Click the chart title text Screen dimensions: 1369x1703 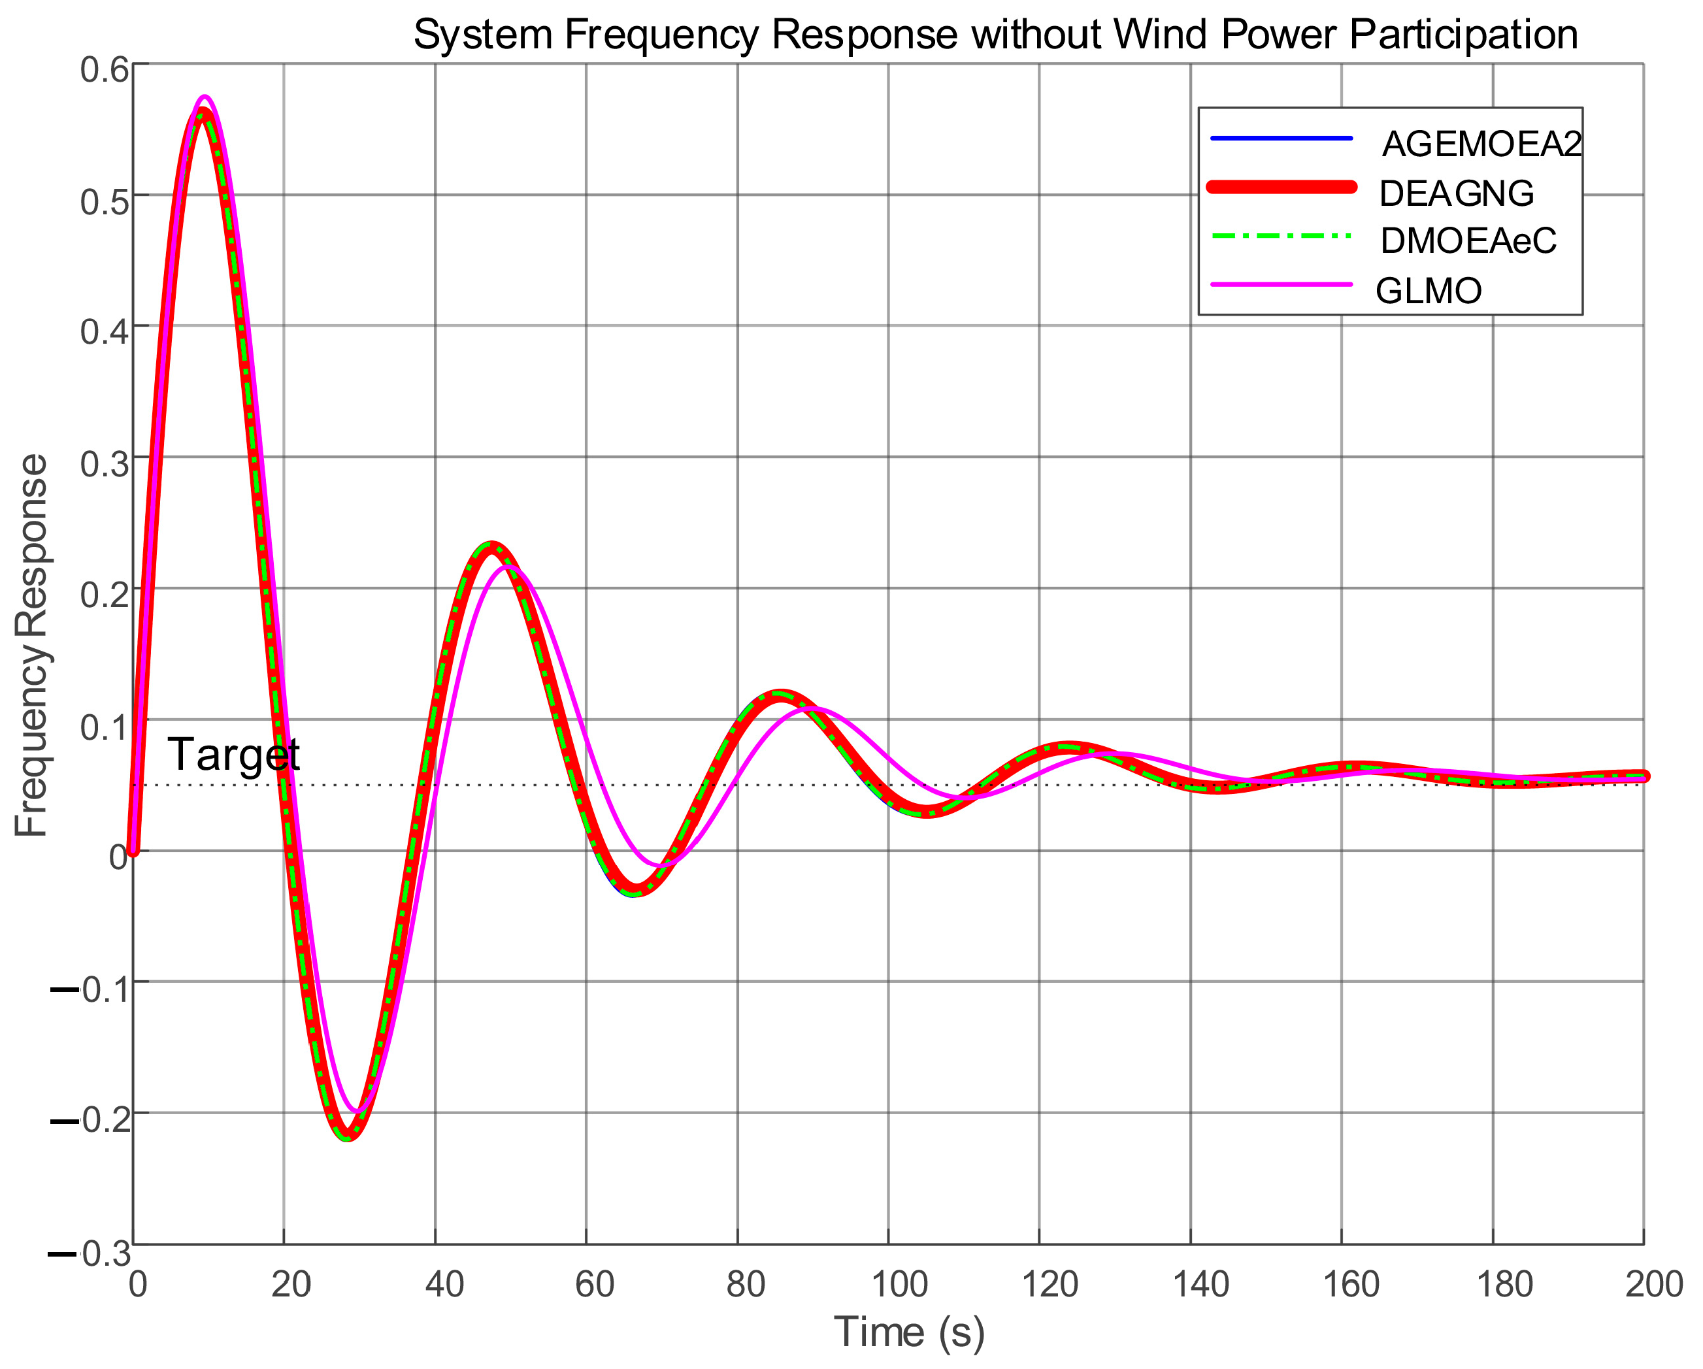pyautogui.click(x=995, y=35)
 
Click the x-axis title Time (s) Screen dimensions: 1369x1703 pyautogui.click(x=909, y=1331)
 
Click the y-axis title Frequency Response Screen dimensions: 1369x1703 pyautogui.click(x=31, y=646)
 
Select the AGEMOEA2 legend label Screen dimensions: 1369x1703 pyautogui.click(x=1481, y=144)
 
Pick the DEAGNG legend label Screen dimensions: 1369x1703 pyautogui.click(x=1456, y=193)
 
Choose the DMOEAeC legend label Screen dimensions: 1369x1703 pyautogui.click(x=1468, y=241)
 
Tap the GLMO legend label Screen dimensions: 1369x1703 pyautogui.click(x=1428, y=291)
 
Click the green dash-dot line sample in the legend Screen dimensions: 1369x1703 pyautogui.click(x=1281, y=235)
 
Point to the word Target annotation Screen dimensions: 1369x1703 pyautogui.click(x=234, y=753)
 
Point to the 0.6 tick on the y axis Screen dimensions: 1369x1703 pyautogui.click(x=105, y=69)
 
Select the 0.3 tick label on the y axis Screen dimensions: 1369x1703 pyautogui.click(x=105, y=463)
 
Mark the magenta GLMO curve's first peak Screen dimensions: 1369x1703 pyautogui.click(x=205, y=97)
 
